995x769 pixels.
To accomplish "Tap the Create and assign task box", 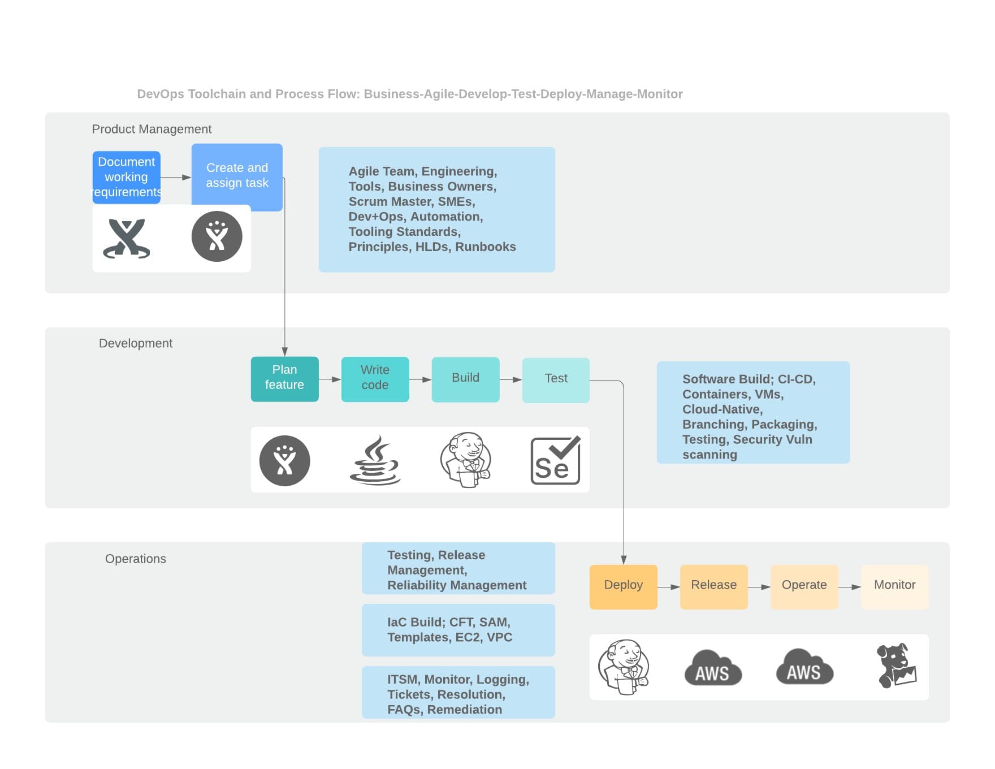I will click(x=237, y=176).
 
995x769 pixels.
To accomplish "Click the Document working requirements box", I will click(x=126, y=177).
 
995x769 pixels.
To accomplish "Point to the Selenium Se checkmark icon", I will click(x=556, y=460).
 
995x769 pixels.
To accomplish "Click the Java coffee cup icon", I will click(x=375, y=460).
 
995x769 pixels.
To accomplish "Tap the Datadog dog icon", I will click(x=896, y=666).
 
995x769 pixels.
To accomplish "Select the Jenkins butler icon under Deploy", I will click(x=623, y=667).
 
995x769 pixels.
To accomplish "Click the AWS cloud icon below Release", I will click(x=713, y=668).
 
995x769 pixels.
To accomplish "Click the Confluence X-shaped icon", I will click(x=127, y=238).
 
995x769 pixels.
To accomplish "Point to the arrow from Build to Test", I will click(x=511, y=380).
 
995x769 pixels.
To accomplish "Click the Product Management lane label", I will click(x=152, y=129).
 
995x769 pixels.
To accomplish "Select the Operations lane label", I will click(x=136, y=559).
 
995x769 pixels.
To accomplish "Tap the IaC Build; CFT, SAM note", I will click(x=458, y=630).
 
